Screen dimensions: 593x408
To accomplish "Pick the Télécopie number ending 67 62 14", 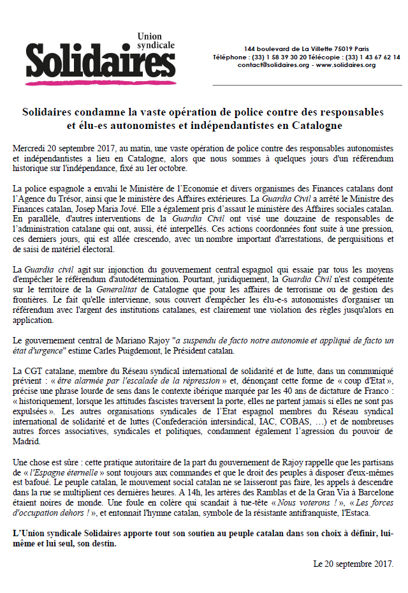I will pyautogui.click(x=376, y=57).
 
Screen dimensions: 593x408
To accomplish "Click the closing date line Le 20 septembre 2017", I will pyautogui.click(x=353, y=564).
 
